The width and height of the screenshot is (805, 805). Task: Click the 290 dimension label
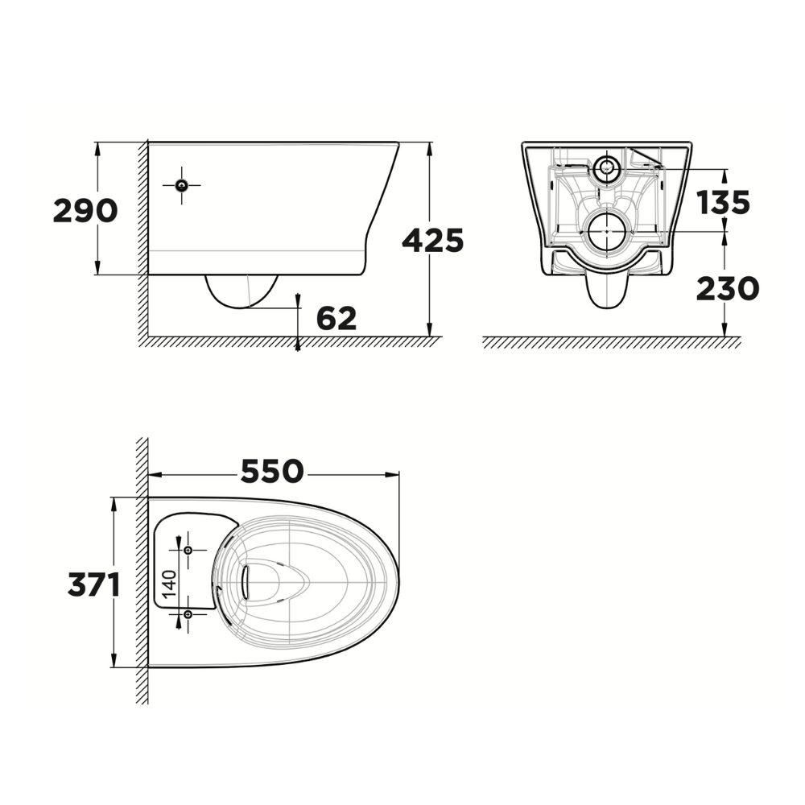(85, 211)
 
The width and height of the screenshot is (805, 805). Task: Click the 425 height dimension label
(433, 240)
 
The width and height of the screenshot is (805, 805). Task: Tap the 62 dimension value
(336, 319)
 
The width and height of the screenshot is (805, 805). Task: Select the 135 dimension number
(723, 203)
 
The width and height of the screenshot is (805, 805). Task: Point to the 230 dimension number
(728, 288)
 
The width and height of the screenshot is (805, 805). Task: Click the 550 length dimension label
(271, 472)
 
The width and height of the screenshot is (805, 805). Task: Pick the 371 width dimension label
(93, 584)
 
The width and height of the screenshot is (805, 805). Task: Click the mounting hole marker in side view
(182, 185)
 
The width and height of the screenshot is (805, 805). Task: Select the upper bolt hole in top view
(188, 550)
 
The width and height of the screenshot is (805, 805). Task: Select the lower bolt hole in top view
(188, 614)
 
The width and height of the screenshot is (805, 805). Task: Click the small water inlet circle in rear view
(607, 168)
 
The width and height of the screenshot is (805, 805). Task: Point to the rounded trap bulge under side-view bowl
(242, 291)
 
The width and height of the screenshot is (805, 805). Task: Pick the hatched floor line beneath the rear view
(612, 342)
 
